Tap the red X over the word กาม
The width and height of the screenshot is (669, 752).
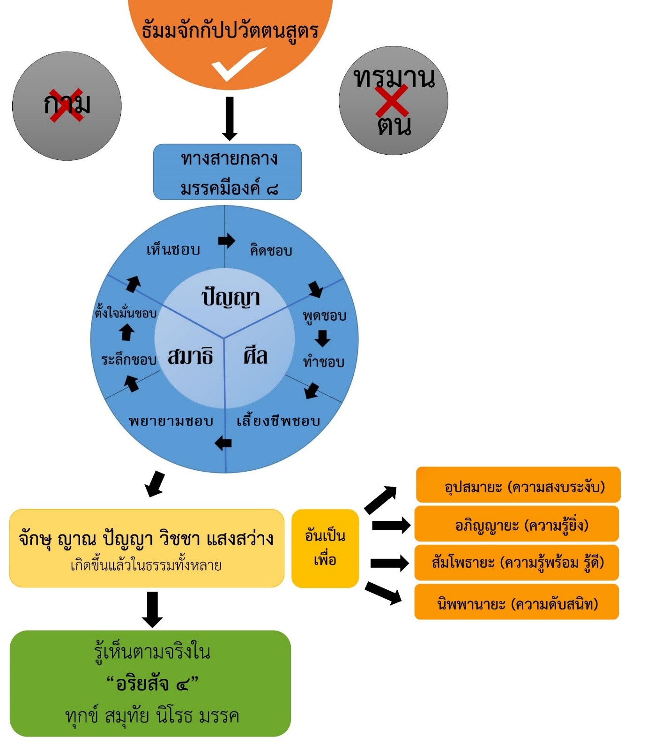67,105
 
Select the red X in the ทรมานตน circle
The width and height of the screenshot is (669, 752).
392,101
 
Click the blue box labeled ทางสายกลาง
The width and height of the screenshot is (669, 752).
227,172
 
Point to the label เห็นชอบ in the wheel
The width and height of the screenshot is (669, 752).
173,250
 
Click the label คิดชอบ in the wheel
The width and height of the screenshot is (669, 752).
271,250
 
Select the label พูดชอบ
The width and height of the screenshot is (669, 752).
324,316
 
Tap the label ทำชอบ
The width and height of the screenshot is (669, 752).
323,362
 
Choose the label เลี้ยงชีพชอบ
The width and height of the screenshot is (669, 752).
278,421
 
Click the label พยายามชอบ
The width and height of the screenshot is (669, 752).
171,421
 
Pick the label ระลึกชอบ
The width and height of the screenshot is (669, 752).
129,360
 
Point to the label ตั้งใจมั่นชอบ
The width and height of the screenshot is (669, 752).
126,313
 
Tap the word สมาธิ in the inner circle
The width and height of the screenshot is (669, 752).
190,356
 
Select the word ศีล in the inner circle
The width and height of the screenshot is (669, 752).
255,356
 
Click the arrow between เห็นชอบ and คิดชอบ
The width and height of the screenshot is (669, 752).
227,241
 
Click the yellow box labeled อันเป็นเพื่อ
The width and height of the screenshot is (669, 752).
325,548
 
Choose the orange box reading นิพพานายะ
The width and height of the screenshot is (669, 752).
517,602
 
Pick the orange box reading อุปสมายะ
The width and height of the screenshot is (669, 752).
518,485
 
